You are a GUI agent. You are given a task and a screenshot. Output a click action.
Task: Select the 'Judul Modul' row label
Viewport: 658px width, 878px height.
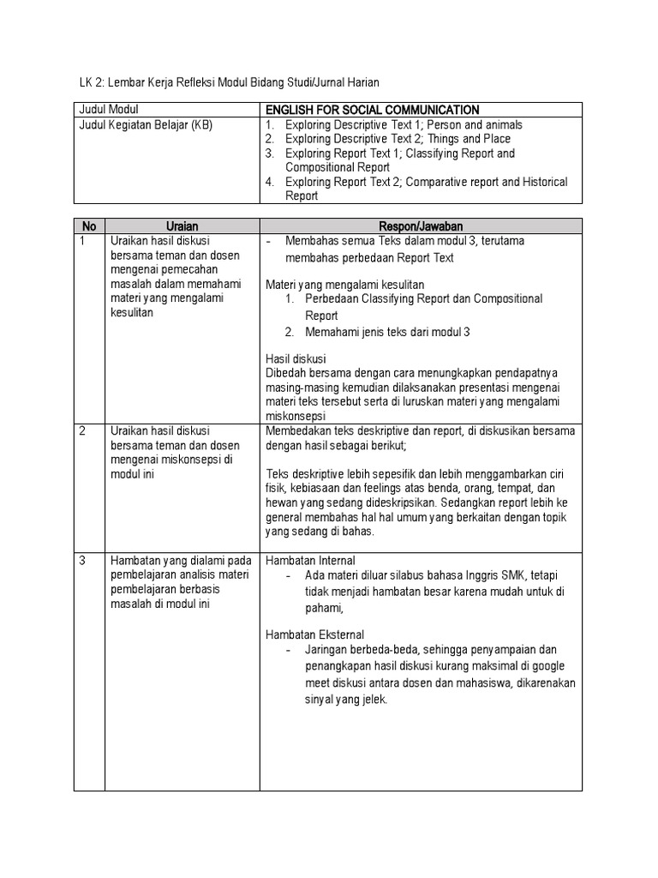point(109,110)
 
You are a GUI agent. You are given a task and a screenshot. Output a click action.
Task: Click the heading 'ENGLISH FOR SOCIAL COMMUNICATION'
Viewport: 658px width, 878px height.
point(373,110)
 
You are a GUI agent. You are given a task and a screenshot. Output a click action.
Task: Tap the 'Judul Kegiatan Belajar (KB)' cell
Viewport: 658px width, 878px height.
point(145,124)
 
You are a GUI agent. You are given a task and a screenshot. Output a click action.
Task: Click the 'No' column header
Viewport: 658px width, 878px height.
point(89,226)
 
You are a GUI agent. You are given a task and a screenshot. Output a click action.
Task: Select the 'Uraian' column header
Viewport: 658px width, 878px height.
point(182,226)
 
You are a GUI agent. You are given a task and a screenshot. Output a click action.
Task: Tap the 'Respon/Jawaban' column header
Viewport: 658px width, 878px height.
point(421,226)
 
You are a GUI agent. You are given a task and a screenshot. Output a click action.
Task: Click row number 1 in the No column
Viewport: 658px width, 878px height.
point(82,241)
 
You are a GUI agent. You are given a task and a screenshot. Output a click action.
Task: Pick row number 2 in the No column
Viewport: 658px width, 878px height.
point(82,430)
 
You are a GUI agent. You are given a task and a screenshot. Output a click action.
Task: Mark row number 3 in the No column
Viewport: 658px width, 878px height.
point(82,561)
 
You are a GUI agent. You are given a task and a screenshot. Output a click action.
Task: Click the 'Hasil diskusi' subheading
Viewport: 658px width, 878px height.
point(296,358)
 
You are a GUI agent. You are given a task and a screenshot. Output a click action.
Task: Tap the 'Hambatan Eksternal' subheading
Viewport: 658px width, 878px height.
point(314,634)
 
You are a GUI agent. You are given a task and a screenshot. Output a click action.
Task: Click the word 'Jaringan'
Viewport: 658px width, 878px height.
point(327,650)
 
